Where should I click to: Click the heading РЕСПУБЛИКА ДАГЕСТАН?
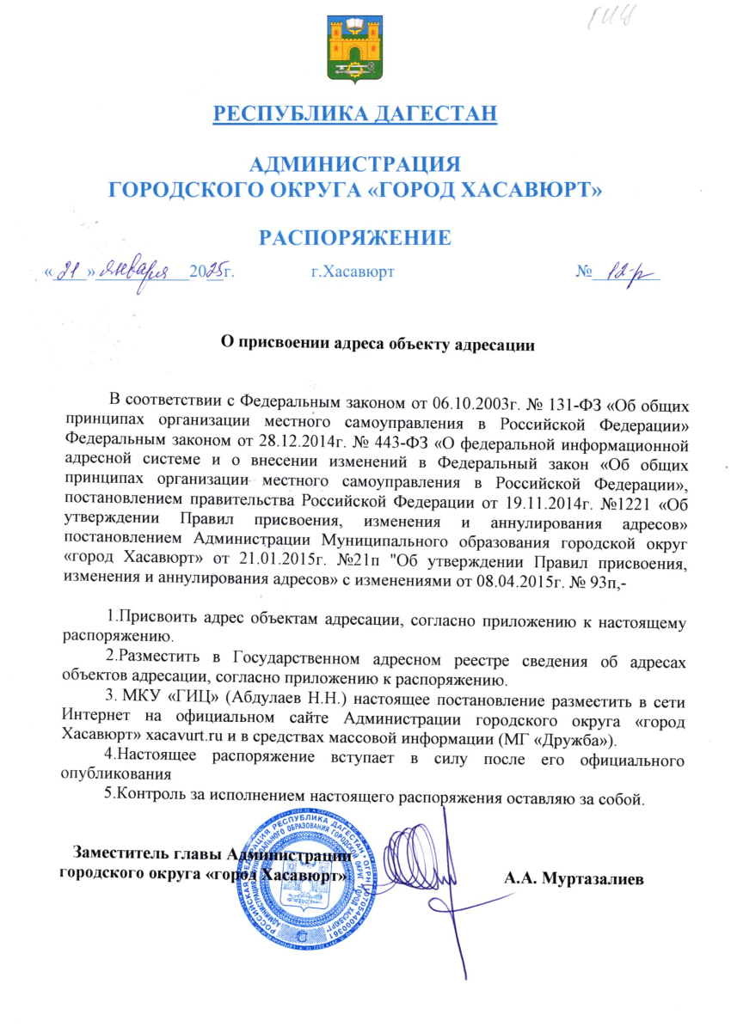coord(354,114)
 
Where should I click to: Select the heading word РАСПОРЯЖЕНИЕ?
coord(354,238)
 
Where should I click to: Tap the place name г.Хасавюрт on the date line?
coord(353,272)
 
